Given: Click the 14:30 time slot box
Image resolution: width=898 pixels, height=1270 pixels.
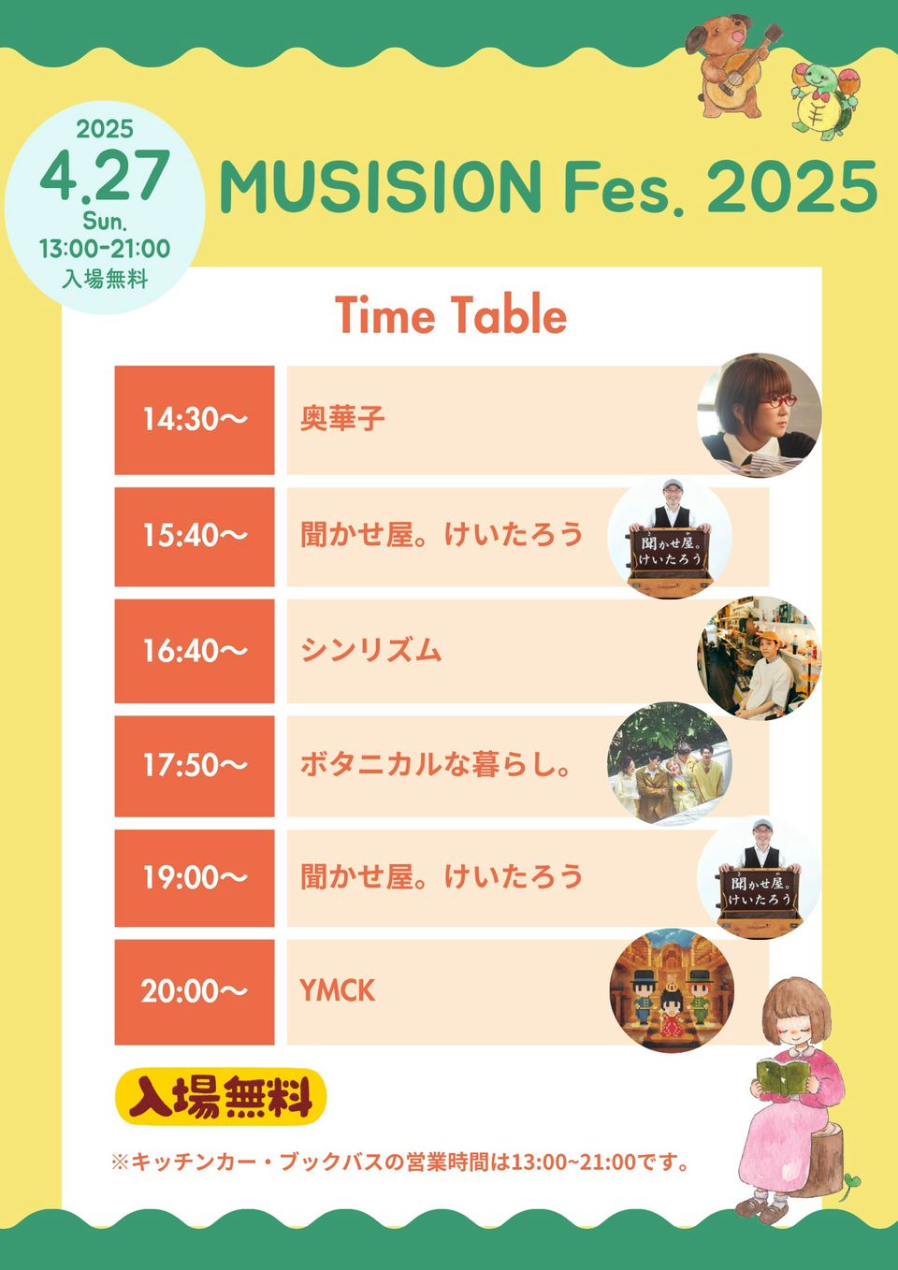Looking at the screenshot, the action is click(195, 420).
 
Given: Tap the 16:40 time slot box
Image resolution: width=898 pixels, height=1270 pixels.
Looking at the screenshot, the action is click(195, 651).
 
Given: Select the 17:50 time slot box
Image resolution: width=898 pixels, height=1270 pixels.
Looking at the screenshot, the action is click(195, 766).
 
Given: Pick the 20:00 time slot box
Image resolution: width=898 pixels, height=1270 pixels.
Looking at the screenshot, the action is click(195, 992).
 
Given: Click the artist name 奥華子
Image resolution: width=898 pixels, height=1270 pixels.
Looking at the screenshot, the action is click(342, 419).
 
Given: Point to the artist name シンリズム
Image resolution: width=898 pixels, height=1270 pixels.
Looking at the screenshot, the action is click(370, 650).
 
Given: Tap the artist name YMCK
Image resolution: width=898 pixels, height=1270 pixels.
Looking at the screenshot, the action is click(338, 991).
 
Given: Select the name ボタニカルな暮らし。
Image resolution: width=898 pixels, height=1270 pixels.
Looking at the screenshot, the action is click(435, 765).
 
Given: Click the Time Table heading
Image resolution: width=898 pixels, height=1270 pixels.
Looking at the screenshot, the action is click(451, 315).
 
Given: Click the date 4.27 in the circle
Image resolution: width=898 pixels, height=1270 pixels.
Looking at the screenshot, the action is click(106, 175).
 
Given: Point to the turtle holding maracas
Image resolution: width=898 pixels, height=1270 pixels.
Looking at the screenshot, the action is click(825, 101).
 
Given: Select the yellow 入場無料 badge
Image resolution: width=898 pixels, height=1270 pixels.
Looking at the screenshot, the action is click(221, 1097).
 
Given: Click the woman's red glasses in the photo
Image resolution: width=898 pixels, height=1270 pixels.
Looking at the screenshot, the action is click(778, 401).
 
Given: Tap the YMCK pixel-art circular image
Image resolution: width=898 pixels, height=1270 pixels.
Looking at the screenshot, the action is click(672, 990).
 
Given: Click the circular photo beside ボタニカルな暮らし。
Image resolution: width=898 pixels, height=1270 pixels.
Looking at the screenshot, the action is click(670, 764).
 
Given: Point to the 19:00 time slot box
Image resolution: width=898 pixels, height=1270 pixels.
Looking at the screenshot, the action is click(195, 878).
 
